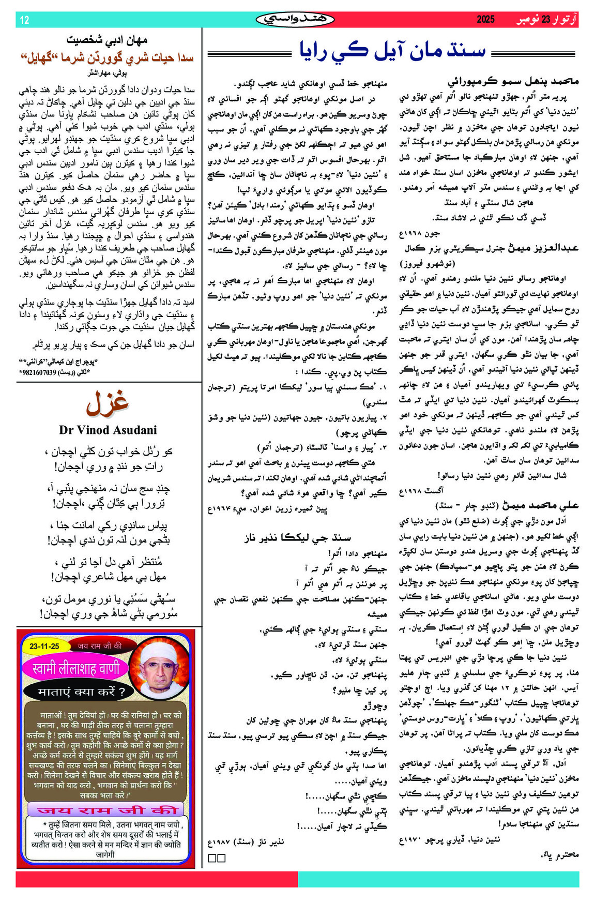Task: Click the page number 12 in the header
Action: tap(25, 20)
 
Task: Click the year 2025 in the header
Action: tap(485, 20)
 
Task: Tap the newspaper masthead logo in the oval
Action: tap(295, 20)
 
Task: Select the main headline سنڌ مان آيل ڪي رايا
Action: tap(393, 51)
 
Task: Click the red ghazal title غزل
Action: tap(108, 403)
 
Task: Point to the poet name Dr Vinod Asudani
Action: tap(108, 430)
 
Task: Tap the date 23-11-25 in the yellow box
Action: tap(44, 646)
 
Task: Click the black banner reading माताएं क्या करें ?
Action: tap(82, 692)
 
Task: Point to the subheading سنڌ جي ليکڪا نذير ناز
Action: tap(297, 538)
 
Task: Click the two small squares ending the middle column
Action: tap(217, 858)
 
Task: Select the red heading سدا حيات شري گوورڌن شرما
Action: tap(107, 57)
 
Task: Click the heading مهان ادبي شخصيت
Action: tap(107, 40)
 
